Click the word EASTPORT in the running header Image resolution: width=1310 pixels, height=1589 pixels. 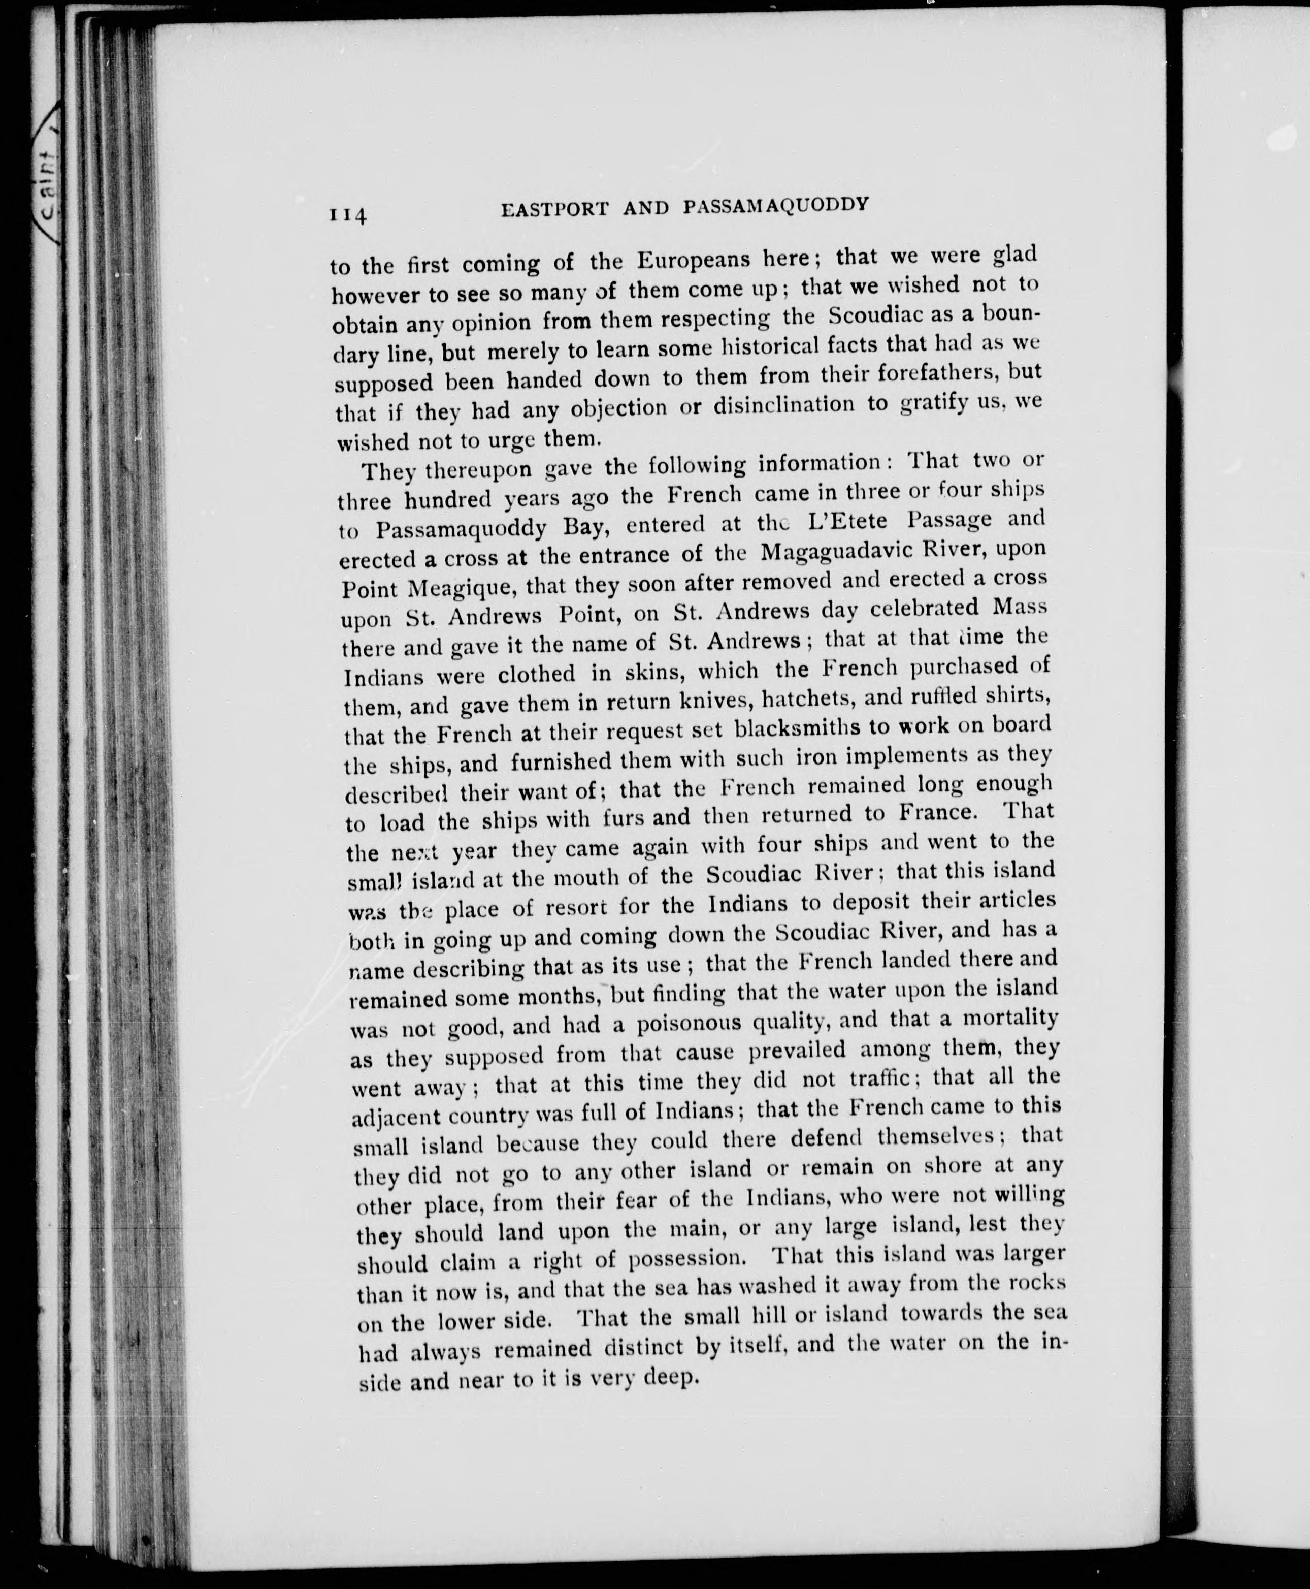click(554, 209)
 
